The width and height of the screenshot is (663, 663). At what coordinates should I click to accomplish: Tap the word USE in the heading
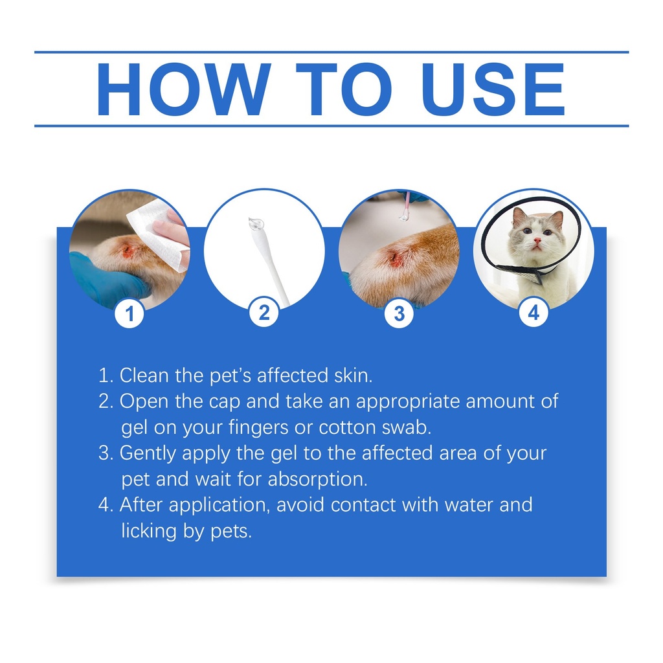[493, 89]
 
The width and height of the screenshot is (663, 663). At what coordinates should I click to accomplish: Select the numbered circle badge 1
[129, 314]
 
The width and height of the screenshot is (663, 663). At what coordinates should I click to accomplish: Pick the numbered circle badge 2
[264, 313]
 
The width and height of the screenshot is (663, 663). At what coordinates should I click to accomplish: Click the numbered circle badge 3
[399, 313]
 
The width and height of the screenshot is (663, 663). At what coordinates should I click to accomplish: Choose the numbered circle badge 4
[534, 313]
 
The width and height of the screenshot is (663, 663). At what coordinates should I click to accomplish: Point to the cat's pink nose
[537, 241]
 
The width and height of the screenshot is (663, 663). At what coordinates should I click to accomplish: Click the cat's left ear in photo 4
[519, 216]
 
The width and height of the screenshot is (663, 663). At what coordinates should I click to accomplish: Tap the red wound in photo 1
[129, 251]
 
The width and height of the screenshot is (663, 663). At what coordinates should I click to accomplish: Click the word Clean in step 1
[144, 376]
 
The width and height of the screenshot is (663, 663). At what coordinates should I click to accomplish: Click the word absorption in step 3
[317, 480]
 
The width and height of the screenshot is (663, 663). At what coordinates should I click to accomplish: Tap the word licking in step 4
[149, 531]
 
